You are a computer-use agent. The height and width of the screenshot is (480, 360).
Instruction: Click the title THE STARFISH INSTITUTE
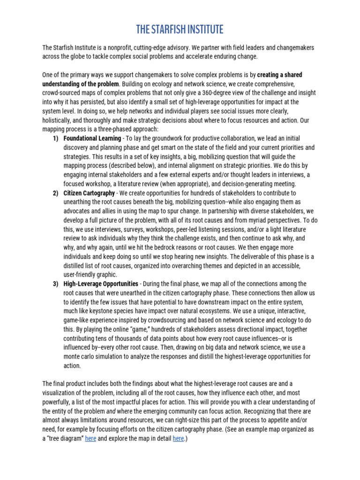[180, 30]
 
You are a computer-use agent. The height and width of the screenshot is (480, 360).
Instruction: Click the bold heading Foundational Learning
[92, 139]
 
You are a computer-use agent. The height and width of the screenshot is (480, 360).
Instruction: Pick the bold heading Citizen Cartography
[89, 193]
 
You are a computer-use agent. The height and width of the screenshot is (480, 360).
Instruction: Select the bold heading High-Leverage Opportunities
[101, 284]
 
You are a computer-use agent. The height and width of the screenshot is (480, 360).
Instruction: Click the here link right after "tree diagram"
[90, 438]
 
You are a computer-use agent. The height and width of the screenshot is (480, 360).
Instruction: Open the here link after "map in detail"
[178, 438]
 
